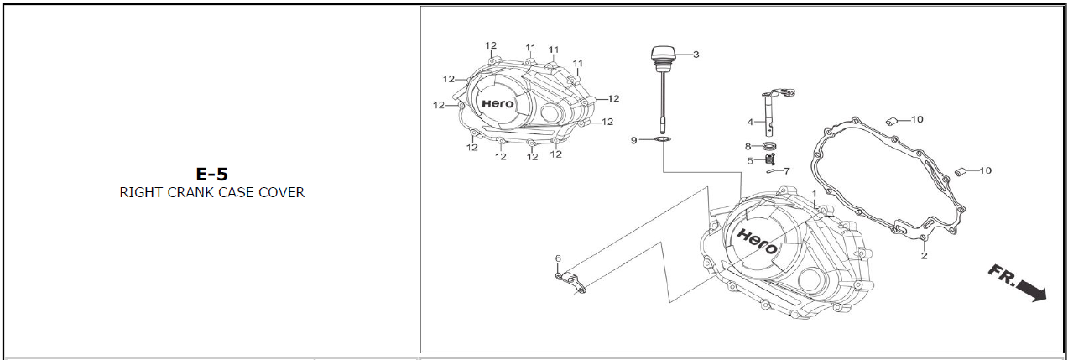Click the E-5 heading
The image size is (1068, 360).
click(211, 174)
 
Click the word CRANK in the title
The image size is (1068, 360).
click(190, 192)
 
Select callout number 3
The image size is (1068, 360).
click(696, 55)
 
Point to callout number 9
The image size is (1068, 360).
click(633, 140)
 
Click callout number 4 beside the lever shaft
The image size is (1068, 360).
click(750, 122)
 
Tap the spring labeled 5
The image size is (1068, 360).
click(768, 159)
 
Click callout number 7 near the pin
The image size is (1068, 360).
click(787, 170)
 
